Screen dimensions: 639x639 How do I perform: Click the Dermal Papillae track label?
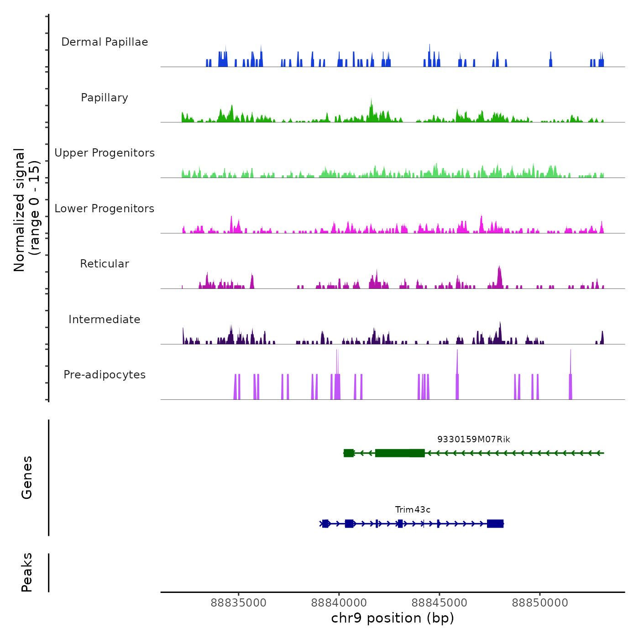pyautogui.click(x=105, y=42)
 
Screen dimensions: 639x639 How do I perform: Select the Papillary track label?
pyautogui.click(x=105, y=98)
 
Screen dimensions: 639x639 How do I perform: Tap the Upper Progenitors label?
pyautogui.click(x=105, y=153)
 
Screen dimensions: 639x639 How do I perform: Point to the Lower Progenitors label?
pyautogui.click(x=105, y=209)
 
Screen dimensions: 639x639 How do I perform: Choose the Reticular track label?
pyautogui.click(x=105, y=264)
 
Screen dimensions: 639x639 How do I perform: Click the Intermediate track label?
pyautogui.click(x=105, y=319)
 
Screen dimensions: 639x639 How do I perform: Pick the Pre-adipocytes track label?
pyautogui.click(x=105, y=375)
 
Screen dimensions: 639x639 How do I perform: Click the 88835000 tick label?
pyautogui.click(x=238, y=603)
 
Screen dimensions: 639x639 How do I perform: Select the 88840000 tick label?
pyautogui.click(x=339, y=603)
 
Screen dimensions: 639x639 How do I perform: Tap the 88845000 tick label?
pyautogui.click(x=439, y=603)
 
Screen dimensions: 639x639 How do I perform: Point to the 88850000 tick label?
pyautogui.click(x=539, y=603)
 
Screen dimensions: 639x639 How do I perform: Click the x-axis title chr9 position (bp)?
pyautogui.click(x=393, y=618)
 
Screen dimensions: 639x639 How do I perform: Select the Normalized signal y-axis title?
pyautogui.click(x=26, y=210)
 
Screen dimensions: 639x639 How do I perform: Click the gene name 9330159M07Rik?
pyautogui.click(x=473, y=440)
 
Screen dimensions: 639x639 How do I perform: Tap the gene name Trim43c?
pyautogui.click(x=413, y=510)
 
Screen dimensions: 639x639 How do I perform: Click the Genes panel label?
pyautogui.click(x=27, y=477)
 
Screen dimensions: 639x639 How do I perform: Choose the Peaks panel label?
pyautogui.click(x=27, y=572)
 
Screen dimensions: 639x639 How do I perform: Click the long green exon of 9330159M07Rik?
pyautogui.click(x=399, y=453)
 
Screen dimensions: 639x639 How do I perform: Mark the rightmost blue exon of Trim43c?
pyautogui.click(x=495, y=524)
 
